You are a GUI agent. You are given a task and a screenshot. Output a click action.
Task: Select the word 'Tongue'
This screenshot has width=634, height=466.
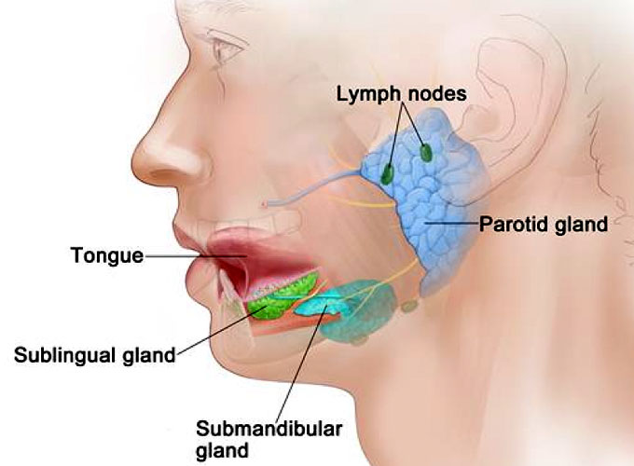pyautogui.click(x=106, y=254)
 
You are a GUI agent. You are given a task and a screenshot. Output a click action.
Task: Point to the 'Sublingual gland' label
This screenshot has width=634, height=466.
pyautogui.click(x=94, y=354)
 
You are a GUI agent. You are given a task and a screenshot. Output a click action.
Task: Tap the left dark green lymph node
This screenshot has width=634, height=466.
pyautogui.click(x=388, y=172)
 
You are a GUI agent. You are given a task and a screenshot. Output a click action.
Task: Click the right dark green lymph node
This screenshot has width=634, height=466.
pyautogui.click(x=426, y=152)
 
